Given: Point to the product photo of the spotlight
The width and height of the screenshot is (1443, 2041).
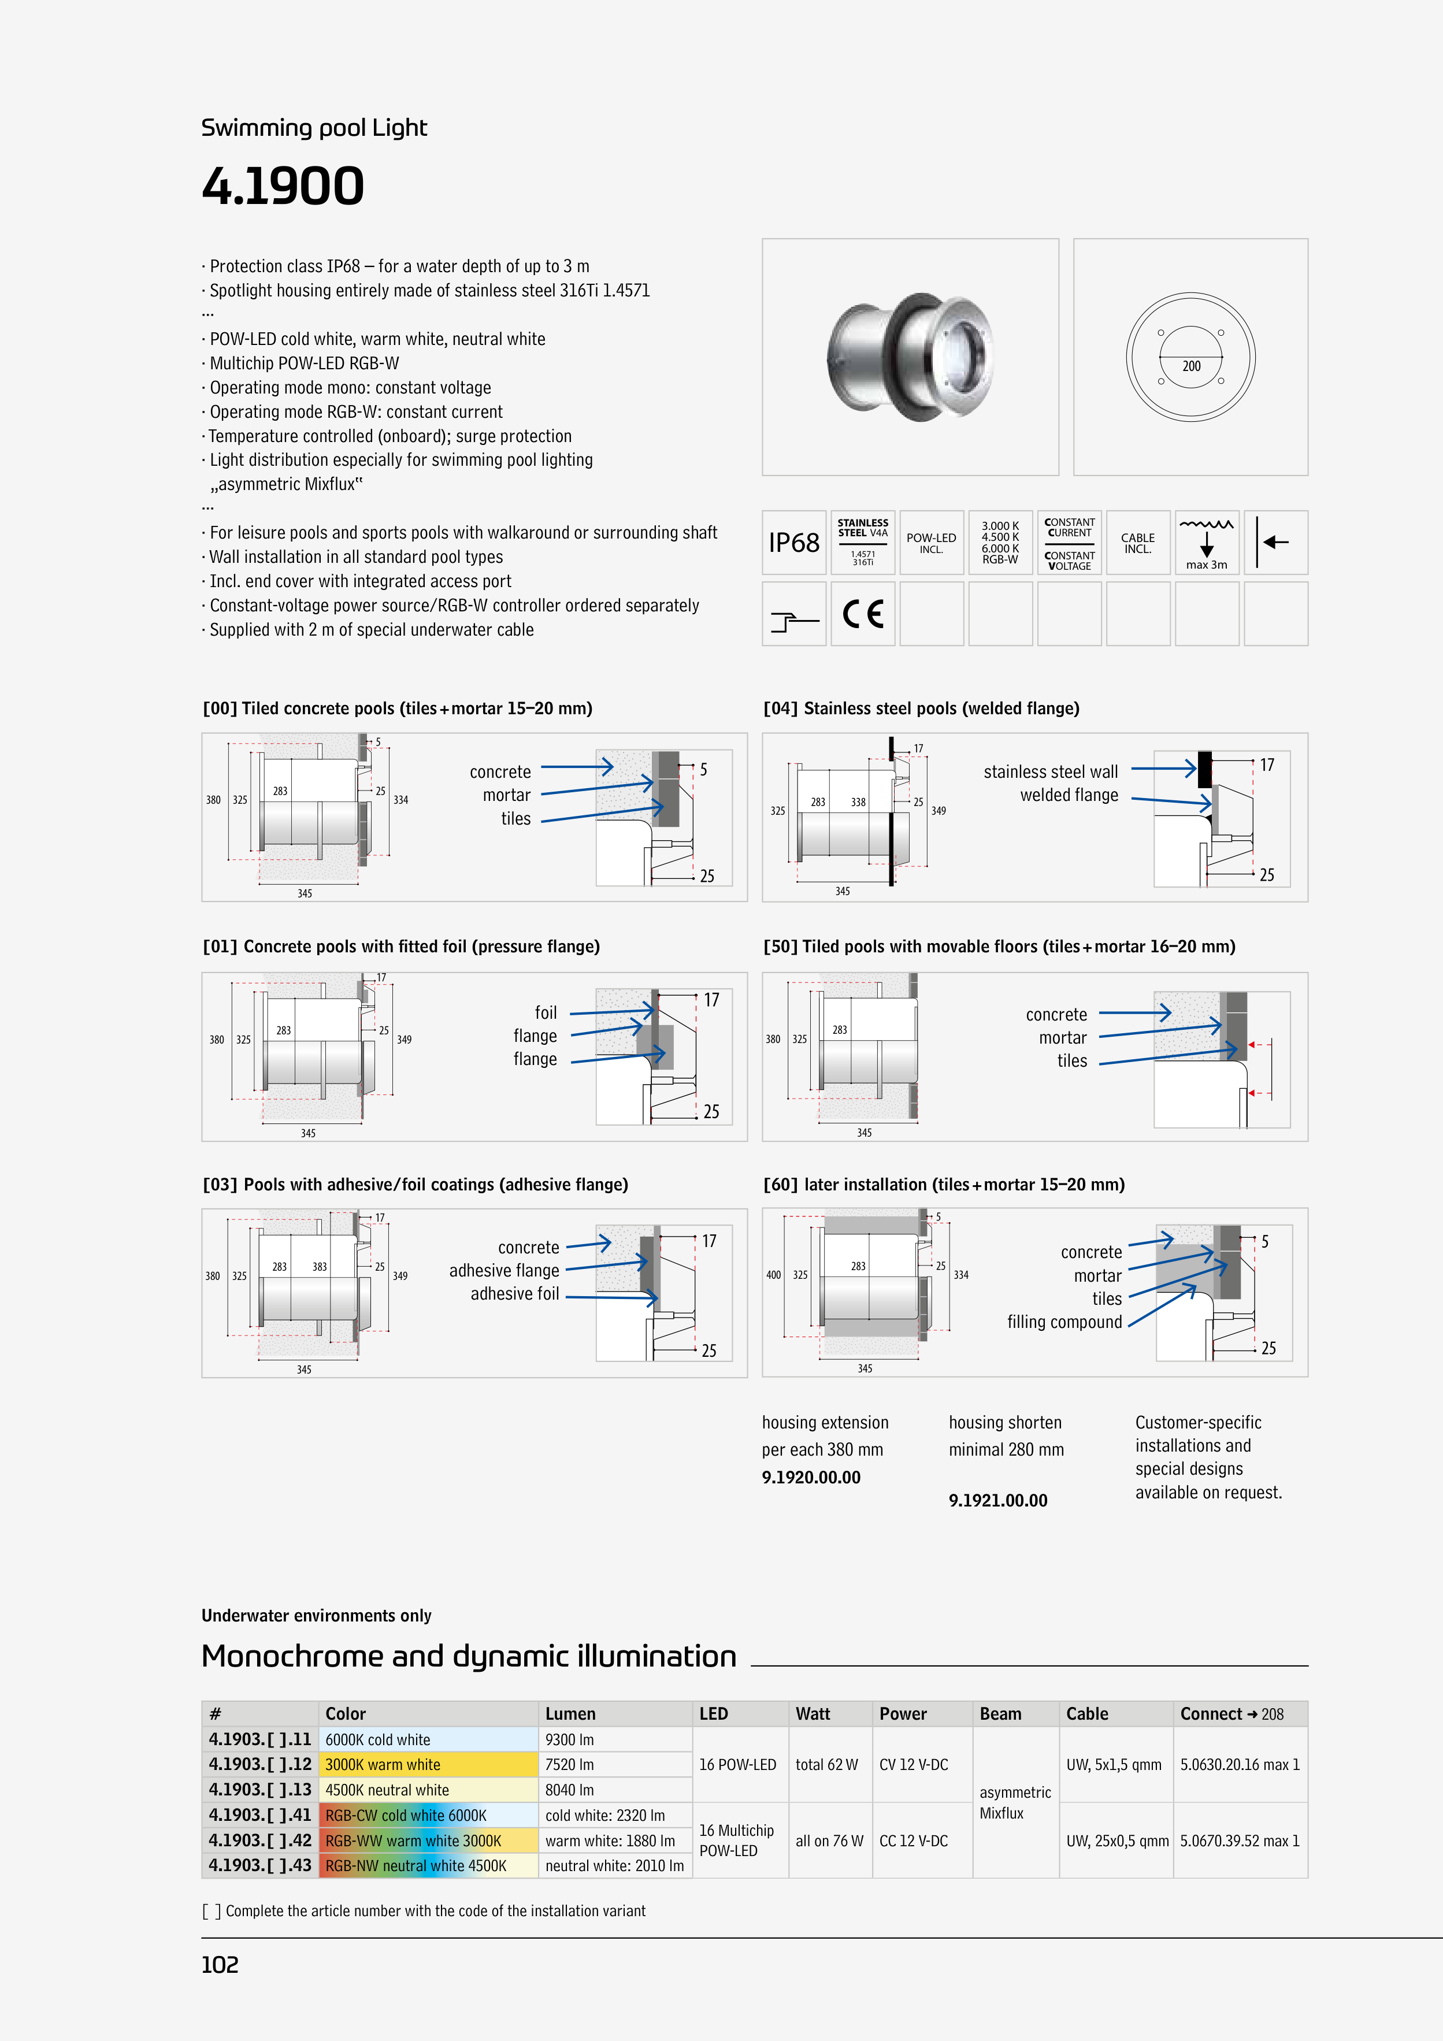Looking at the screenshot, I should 910,357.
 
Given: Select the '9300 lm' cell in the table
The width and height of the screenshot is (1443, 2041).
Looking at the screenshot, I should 570,1740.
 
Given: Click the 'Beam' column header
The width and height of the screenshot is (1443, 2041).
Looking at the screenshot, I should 1000,1714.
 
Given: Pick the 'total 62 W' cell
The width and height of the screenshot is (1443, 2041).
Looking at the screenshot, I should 827,1765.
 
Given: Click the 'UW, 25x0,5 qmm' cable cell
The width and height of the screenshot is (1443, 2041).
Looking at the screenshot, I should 1116,1841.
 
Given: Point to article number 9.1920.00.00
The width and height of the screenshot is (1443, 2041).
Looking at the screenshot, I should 811,1478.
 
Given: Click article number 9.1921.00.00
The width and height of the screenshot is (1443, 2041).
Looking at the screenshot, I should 997,1501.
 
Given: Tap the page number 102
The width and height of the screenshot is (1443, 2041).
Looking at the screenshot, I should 220,1965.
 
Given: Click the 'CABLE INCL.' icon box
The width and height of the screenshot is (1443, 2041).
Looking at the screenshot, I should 1137,543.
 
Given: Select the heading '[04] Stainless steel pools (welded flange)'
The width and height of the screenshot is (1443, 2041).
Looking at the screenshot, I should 921,708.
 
